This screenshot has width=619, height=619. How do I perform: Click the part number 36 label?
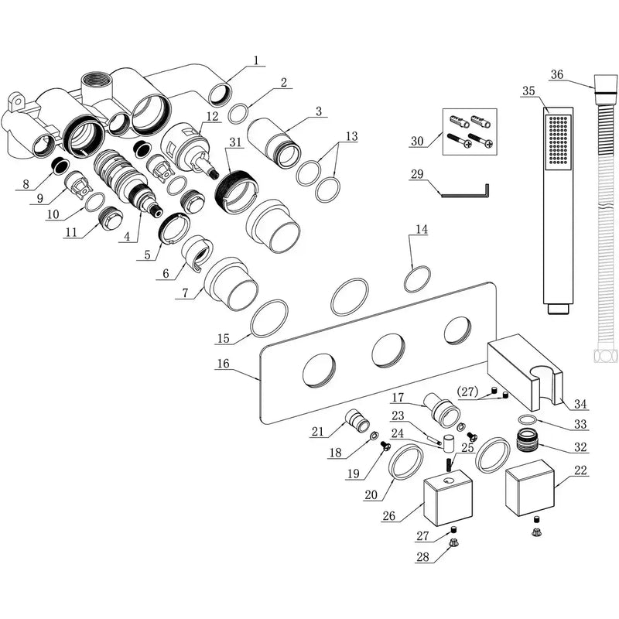coord(557,74)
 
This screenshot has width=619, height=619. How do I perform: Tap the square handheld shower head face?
coord(558,140)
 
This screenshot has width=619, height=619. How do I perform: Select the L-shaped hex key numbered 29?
coord(465,192)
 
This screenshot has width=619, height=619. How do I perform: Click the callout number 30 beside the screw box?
coord(417,141)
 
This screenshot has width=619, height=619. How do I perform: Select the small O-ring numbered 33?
coord(527,419)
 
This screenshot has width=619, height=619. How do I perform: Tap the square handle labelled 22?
coord(530,490)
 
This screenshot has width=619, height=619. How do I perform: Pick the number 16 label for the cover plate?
coord(224,363)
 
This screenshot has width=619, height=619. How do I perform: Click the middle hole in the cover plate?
coord(388,351)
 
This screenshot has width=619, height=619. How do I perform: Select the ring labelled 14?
coord(417,279)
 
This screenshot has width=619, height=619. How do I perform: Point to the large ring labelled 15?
coord(268,319)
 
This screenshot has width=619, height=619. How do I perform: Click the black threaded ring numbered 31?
coord(236,190)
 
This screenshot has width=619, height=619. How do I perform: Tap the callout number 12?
coord(212,117)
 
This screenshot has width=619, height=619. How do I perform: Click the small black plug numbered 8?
coord(61,165)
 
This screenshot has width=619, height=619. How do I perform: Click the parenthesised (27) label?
coord(467,392)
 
